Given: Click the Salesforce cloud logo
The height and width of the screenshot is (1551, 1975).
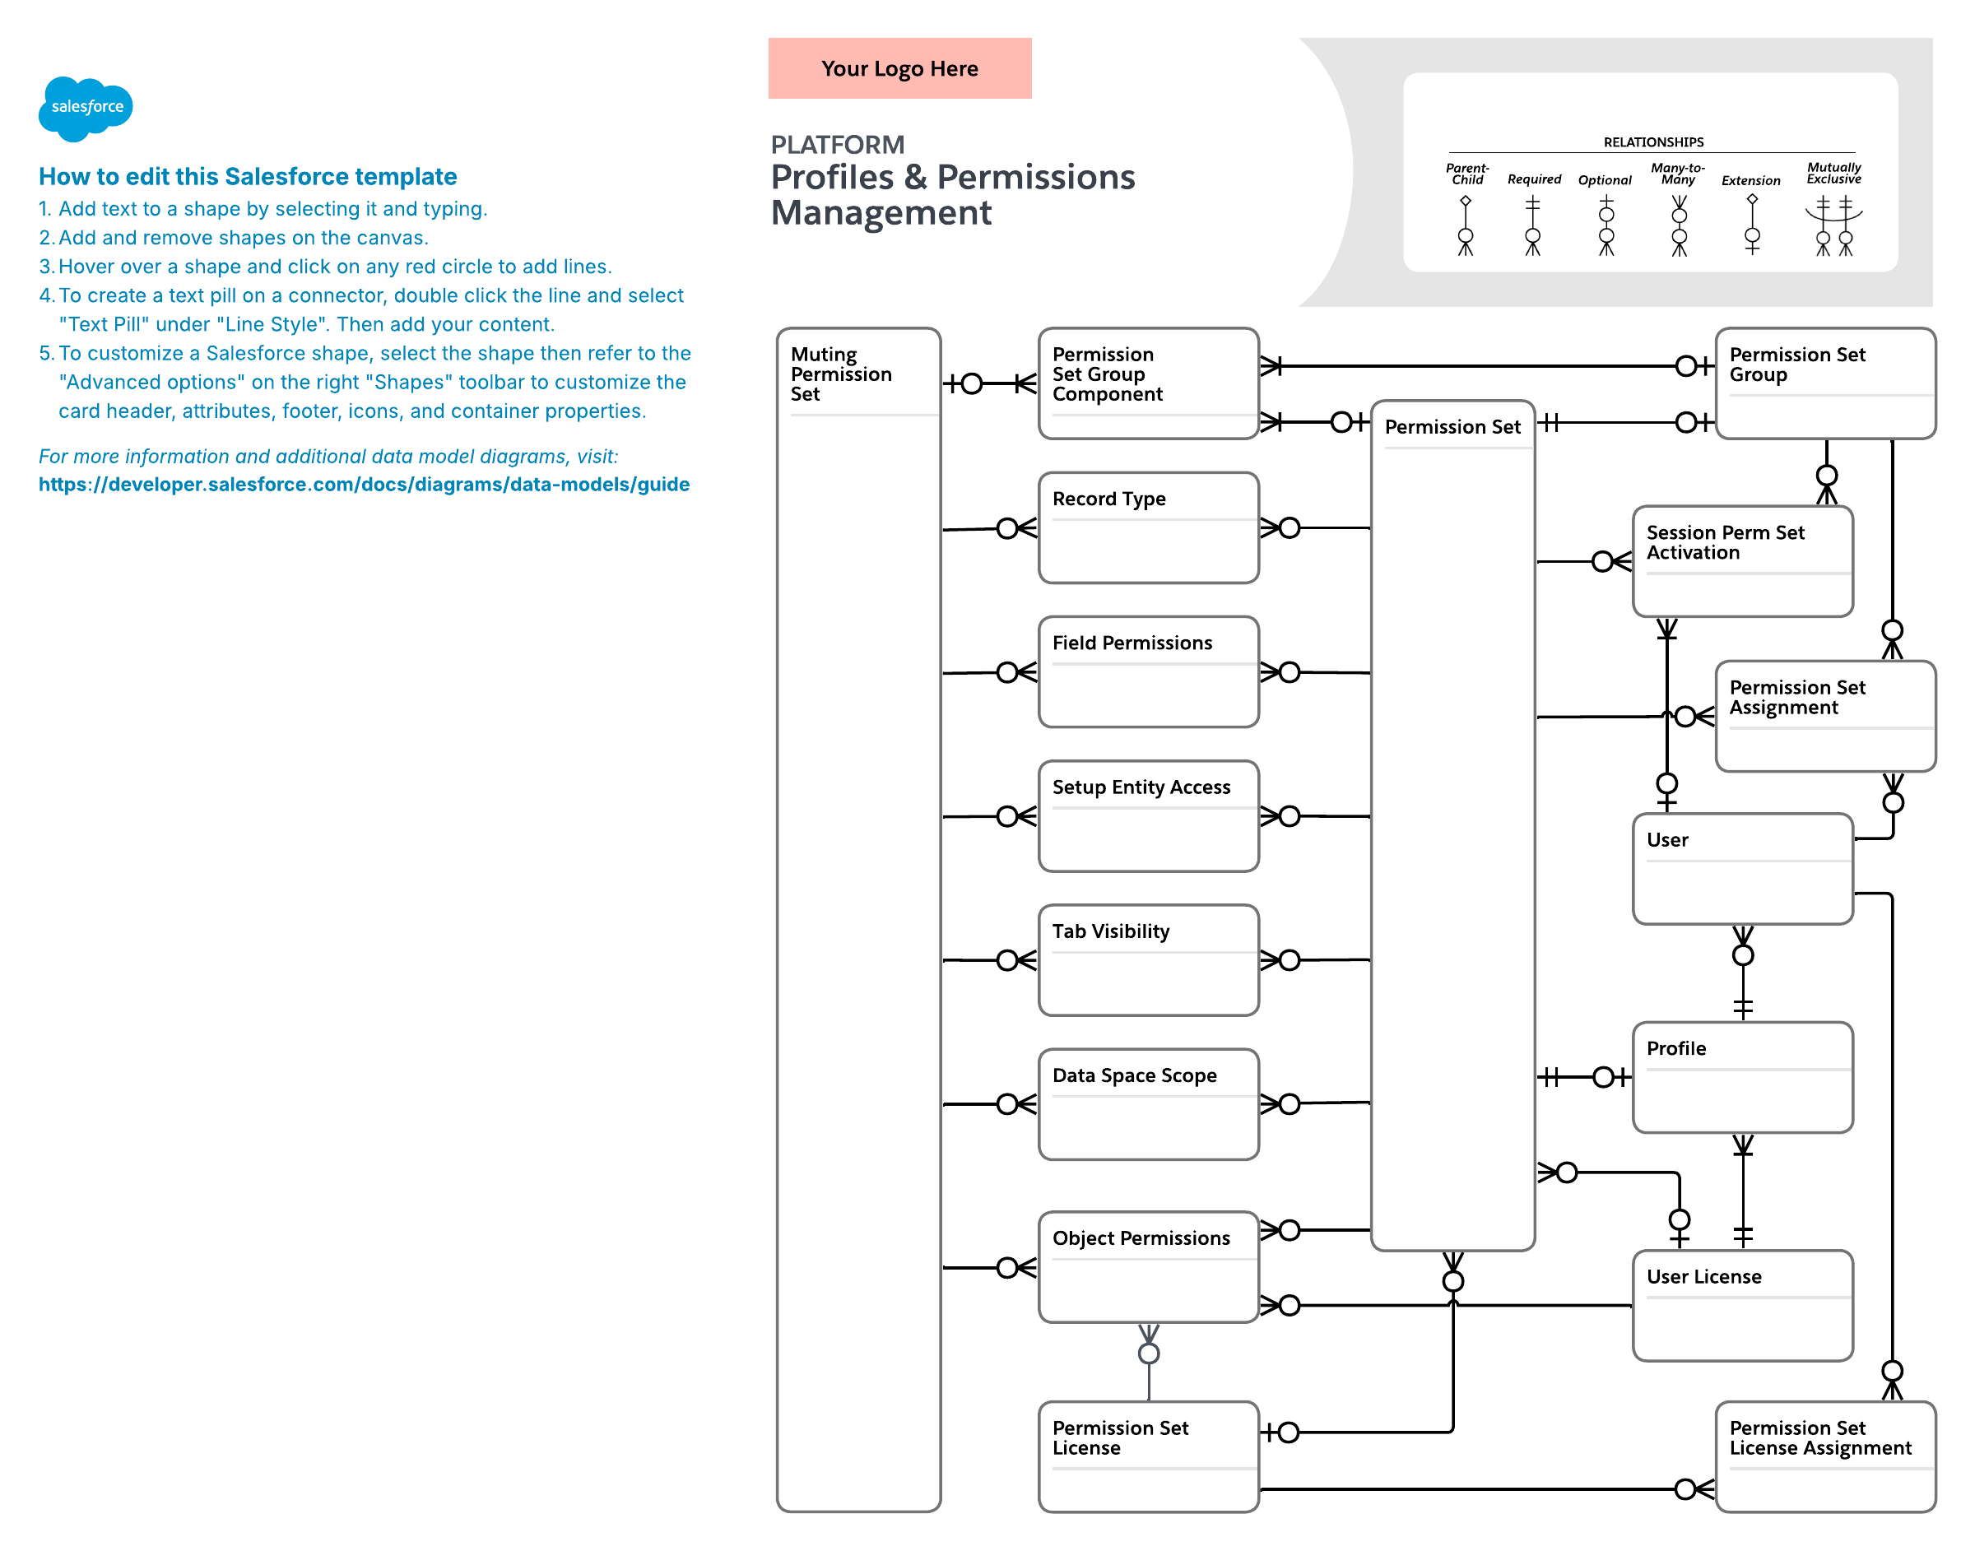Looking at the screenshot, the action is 86,108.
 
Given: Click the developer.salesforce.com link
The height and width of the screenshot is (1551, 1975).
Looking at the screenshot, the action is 364,484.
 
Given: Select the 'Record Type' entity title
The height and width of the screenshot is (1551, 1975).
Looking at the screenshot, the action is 1108,499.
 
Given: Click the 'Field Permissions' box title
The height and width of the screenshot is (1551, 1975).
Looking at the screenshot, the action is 1132,643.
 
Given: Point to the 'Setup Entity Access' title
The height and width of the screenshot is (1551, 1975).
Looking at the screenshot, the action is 1141,787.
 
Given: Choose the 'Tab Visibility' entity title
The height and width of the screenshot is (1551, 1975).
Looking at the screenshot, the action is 1111,931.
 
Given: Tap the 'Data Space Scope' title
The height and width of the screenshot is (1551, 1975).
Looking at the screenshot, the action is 1134,1075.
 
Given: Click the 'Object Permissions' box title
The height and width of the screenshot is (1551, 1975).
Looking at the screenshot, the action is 1141,1238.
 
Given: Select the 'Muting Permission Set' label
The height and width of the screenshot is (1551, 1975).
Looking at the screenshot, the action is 841,374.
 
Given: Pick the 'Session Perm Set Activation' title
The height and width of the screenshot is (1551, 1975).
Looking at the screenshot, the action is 1726,542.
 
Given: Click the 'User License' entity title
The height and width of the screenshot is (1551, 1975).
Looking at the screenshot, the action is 1703,1277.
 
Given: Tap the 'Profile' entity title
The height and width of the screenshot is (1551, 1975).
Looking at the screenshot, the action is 1676,1049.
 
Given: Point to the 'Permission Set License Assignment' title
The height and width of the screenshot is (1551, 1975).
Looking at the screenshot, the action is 1819,1437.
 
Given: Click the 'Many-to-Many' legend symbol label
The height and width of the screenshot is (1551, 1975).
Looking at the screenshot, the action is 1678,174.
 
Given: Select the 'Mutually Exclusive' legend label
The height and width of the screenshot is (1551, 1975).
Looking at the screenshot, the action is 1833,173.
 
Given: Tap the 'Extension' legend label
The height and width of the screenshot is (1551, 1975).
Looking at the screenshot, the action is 1750,181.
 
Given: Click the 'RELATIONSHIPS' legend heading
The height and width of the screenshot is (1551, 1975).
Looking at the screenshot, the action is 1653,142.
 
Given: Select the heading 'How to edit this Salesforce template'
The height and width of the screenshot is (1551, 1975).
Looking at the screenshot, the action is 248,176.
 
